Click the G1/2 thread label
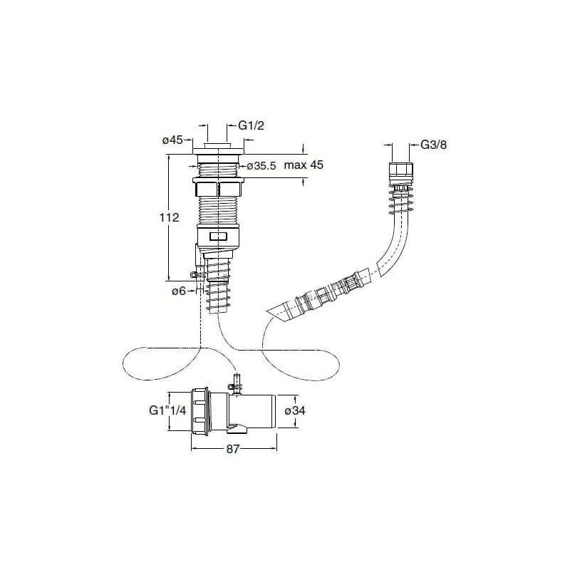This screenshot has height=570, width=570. pos(252,125)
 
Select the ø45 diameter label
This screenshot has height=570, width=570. pos(172,140)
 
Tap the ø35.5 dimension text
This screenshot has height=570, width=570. pos(261,166)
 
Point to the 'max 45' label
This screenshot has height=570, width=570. pos(304,165)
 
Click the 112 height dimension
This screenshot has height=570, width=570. pos(170,217)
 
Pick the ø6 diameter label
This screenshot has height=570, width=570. pos(179,291)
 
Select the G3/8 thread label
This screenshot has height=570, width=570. pos(434,145)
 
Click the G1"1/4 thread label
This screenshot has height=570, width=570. pos(168,410)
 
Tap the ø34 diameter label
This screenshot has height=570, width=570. pos(295,411)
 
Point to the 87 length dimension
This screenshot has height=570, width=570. pos(233,449)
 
